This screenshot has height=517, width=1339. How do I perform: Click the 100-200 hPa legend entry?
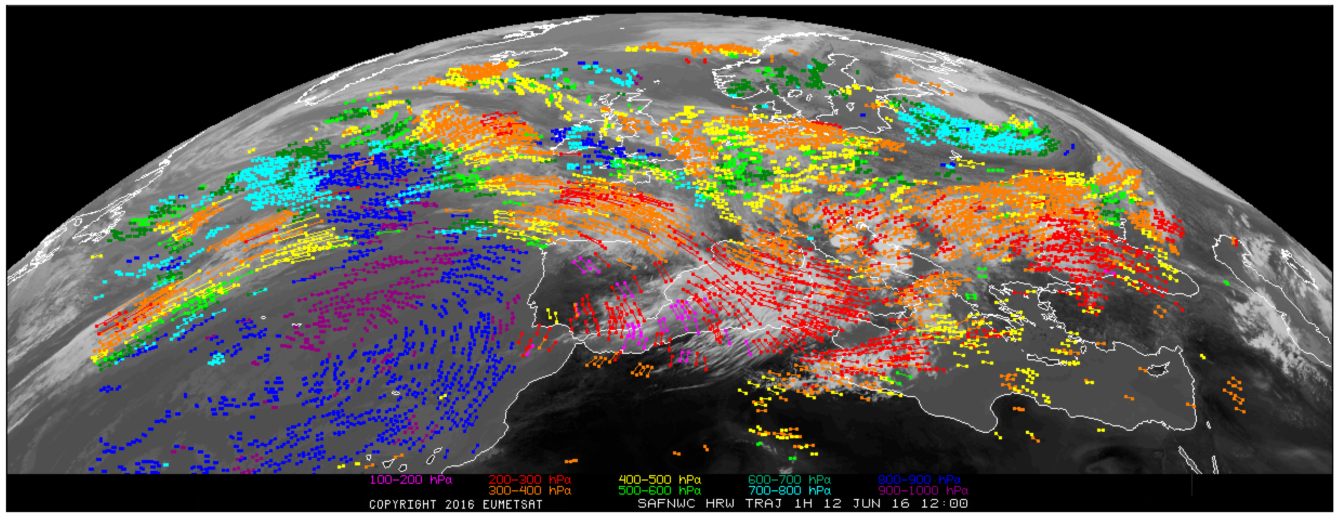(410, 479)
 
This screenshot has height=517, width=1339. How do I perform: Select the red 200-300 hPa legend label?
(529, 479)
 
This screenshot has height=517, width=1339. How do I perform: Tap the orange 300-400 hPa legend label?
(529, 490)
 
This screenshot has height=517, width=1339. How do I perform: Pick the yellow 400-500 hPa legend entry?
(659, 479)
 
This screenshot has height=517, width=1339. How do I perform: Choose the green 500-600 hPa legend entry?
(659, 490)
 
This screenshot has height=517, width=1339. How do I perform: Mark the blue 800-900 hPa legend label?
(919, 479)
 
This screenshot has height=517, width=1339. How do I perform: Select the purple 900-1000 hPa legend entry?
(923, 490)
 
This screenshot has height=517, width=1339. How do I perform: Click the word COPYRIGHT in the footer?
(403, 505)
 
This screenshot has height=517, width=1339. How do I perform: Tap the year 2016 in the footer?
(459, 505)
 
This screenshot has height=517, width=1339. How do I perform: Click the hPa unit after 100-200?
(441, 479)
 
